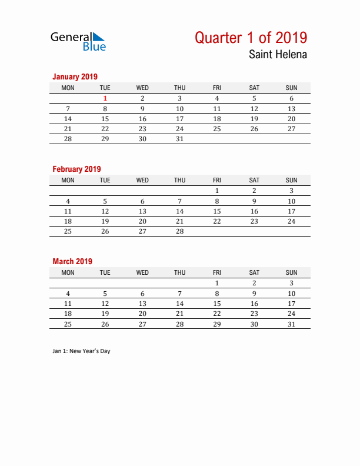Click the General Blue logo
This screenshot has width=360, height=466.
(x=78, y=41)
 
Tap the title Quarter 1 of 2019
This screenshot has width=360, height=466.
(x=251, y=38)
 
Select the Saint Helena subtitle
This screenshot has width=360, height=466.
(x=278, y=55)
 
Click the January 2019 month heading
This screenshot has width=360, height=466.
(x=75, y=76)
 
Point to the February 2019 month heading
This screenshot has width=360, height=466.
(x=76, y=169)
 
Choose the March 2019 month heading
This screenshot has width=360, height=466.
(x=72, y=261)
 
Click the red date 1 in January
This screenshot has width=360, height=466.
(x=105, y=98)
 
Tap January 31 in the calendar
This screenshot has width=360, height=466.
(x=180, y=139)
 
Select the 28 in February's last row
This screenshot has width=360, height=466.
(x=180, y=231)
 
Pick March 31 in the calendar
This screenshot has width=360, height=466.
(x=291, y=324)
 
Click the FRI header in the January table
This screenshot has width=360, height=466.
(x=217, y=88)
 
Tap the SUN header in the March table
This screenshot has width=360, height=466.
(x=291, y=272)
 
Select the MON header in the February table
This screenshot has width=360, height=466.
(x=68, y=180)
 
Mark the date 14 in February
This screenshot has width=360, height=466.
(x=180, y=211)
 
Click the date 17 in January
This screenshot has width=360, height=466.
(x=180, y=119)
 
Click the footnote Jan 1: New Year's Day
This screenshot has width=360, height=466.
(x=81, y=351)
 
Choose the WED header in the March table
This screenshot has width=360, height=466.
(x=142, y=272)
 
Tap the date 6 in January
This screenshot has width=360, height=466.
(x=291, y=98)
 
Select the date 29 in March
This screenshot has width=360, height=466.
(x=217, y=324)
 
